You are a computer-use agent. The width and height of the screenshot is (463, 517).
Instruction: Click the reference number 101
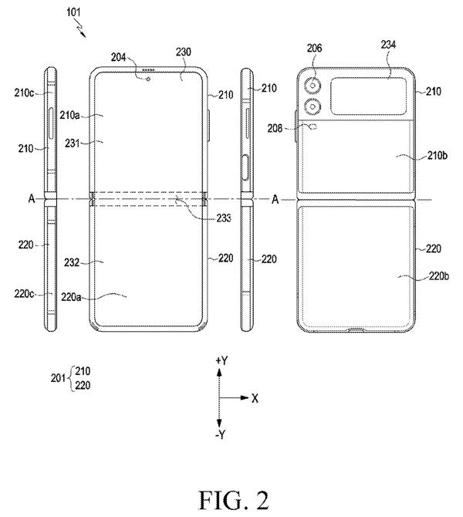click(x=73, y=12)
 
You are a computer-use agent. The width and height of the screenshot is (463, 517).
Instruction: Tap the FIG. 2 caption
click(x=234, y=500)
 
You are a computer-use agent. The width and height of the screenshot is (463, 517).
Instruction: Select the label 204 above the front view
click(x=118, y=57)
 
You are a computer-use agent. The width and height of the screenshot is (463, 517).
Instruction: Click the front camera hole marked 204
click(x=148, y=79)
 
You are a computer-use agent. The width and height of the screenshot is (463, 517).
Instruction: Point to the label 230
click(x=183, y=52)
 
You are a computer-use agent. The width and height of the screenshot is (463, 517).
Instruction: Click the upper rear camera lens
click(x=313, y=86)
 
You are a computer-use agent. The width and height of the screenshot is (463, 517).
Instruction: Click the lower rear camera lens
click(x=313, y=106)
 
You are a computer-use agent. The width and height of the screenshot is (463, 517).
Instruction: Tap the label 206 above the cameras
click(x=314, y=48)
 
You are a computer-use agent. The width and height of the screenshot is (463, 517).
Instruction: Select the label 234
click(x=388, y=45)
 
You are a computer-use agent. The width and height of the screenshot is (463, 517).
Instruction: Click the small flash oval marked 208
click(x=313, y=127)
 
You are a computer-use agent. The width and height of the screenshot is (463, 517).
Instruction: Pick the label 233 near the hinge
click(x=224, y=218)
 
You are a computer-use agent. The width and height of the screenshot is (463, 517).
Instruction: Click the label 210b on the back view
click(x=438, y=155)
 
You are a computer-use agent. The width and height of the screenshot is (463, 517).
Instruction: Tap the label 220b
click(x=438, y=276)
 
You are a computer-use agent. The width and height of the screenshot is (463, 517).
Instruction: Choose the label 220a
click(x=71, y=297)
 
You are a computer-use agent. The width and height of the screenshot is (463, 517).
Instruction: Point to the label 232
click(x=72, y=262)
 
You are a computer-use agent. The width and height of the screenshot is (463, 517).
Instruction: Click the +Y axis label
click(x=221, y=360)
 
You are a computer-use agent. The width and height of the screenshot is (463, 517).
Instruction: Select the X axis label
click(x=255, y=399)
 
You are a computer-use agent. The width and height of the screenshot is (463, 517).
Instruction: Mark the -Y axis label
click(x=221, y=434)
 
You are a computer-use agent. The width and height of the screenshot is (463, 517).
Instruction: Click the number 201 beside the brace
click(x=58, y=378)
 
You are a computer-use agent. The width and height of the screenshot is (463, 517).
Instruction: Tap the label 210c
click(x=24, y=93)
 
